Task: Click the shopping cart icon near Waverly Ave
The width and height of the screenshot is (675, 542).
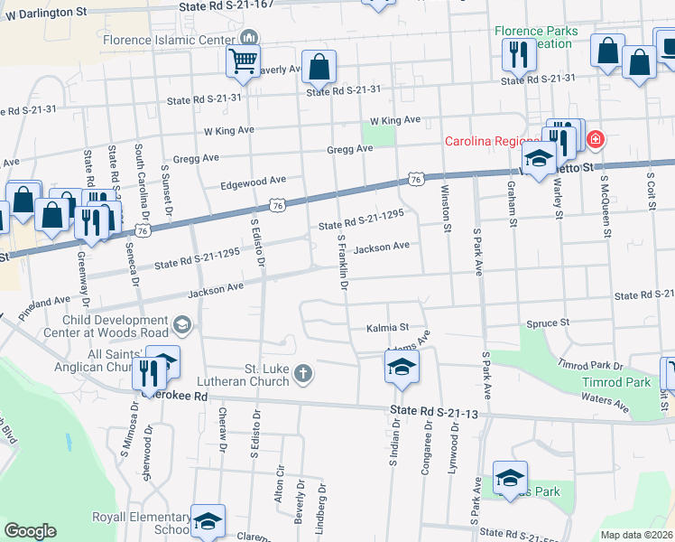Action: tap(243, 62)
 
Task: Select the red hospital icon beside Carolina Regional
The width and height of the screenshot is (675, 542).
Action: tap(594, 140)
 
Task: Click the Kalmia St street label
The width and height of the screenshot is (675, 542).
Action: tap(387, 327)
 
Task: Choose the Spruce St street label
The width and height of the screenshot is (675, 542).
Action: tap(549, 322)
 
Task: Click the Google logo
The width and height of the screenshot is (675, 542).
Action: tap(30, 531)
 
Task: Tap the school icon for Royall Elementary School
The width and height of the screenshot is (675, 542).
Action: tap(208, 521)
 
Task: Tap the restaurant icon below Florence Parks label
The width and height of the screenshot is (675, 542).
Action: tap(517, 56)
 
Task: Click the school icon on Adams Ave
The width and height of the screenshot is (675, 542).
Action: tap(401, 367)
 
